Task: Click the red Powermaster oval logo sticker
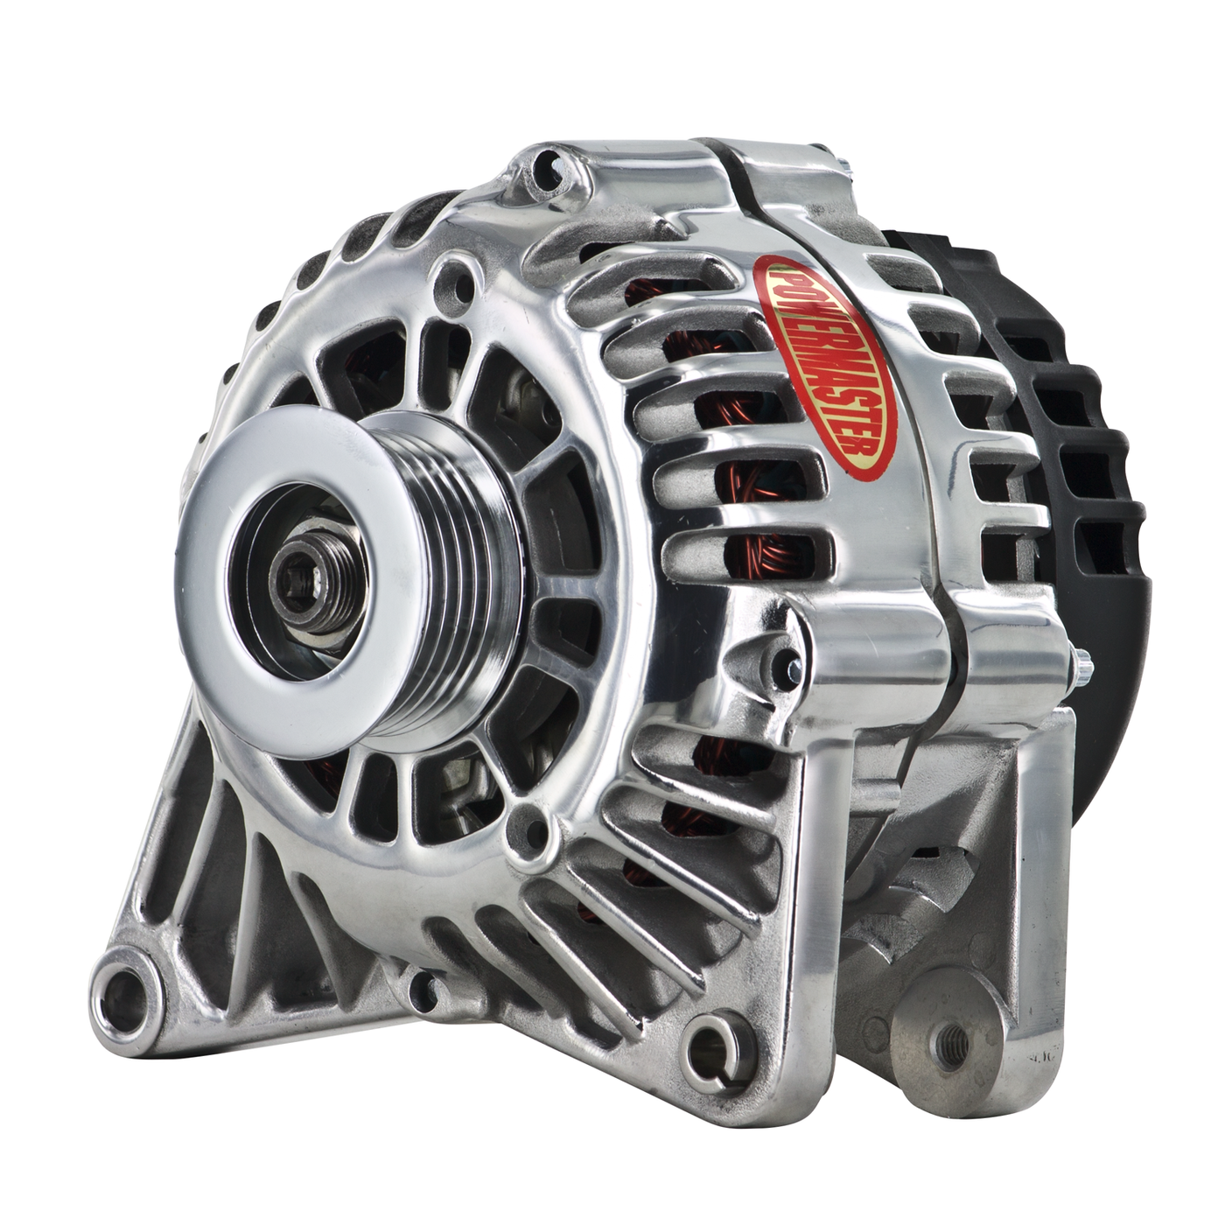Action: pos(824,366)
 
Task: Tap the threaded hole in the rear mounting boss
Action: pos(955,1042)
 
